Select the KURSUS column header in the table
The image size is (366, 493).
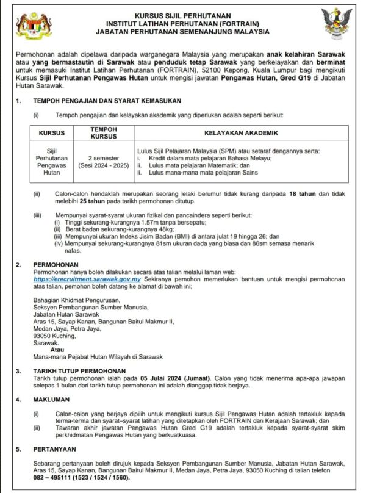click(x=52, y=132)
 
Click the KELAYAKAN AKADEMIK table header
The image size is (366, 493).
click(x=241, y=132)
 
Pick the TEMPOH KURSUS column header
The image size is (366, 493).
click(x=103, y=132)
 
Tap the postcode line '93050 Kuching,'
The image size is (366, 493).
click(x=55, y=336)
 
